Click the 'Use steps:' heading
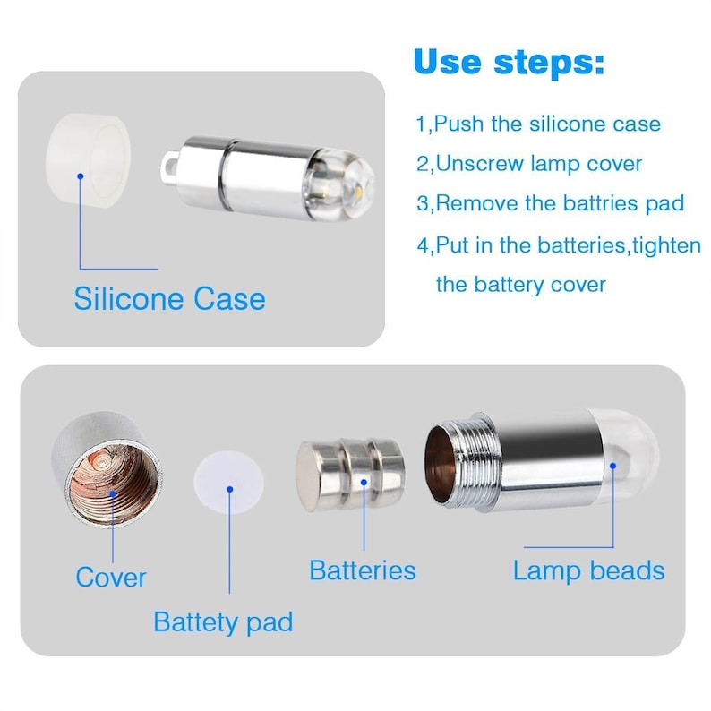(509, 62)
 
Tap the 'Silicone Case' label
(169, 299)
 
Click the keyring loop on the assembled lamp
(168, 167)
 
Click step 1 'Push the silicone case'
(538, 124)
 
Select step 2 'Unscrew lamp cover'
(529, 164)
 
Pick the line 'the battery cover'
(521, 285)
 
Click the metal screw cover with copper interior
(107, 470)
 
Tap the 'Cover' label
(111, 577)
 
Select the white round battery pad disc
(229, 482)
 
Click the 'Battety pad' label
(223, 621)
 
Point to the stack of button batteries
(350, 475)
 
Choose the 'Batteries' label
(363, 570)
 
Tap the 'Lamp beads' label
(588, 570)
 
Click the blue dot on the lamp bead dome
(612, 466)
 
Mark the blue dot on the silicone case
(81, 176)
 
